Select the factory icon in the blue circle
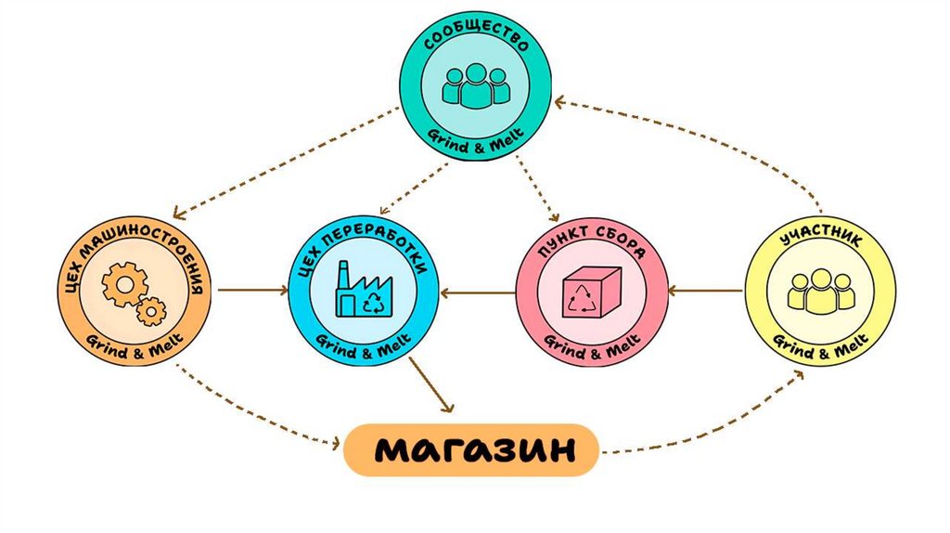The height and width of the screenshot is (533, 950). click(x=364, y=289)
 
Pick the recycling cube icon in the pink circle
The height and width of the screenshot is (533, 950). click(x=591, y=292)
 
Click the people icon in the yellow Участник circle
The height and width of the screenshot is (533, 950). click(x=819, y=291)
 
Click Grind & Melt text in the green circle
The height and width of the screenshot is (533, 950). click(x=475, y=133)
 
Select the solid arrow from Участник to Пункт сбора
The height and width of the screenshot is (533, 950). click(x=705, y=292)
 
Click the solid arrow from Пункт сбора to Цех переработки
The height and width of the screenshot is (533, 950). click(x=478, y=292)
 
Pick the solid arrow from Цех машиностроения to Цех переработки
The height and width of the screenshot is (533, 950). click(x=250, y=291)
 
